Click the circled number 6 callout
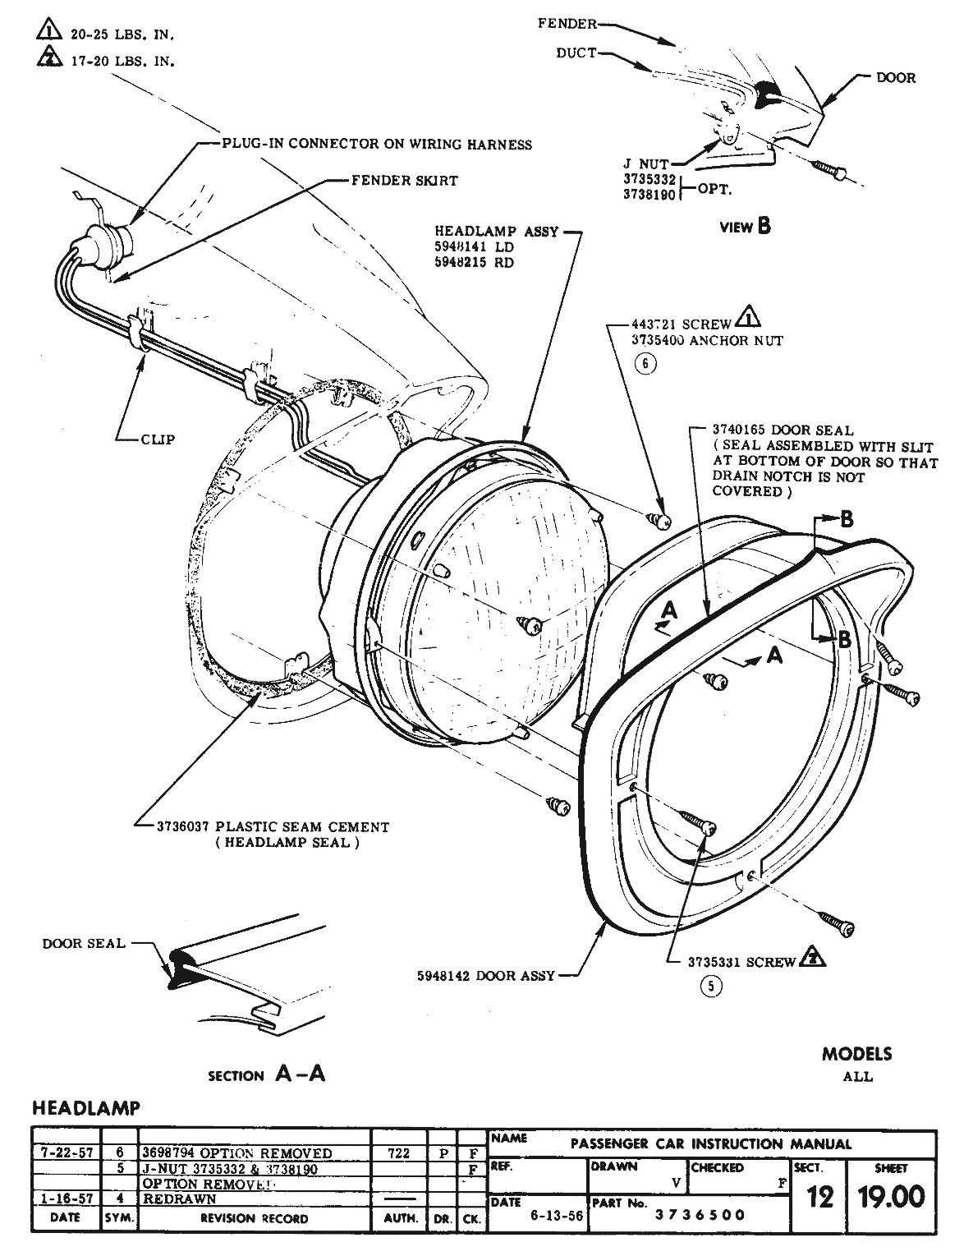pos(645,364)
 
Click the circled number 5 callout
pos(710,987)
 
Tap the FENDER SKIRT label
pos(404,181)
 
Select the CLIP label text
pos(158,439)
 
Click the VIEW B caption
pos(745,227)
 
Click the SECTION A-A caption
pos(267,1074)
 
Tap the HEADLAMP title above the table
pos(86,1108)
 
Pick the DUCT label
pos(576,53)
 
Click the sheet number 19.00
pos(890,1196)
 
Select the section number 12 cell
pos(819,1197)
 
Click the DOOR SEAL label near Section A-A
pos(84,943)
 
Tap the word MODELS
pos(856,1054)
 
